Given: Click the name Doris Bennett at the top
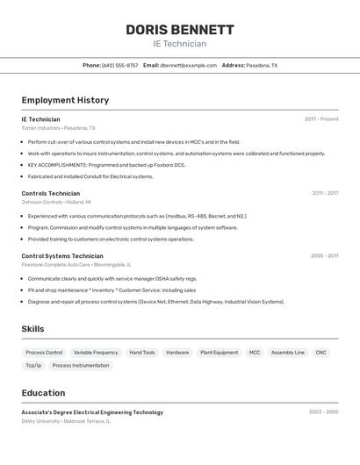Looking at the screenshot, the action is [180, 29].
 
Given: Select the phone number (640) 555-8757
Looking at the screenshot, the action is [119, 65].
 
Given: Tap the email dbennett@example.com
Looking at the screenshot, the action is [189, 65].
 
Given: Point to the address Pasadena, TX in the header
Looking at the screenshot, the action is [262, 65].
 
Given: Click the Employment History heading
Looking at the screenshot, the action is [65, 100].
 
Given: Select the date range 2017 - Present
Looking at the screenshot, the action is [321, 119].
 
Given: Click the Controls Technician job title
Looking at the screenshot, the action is [51, 193].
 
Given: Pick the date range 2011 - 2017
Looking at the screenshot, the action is [325, 193].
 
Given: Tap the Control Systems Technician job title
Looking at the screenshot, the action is [62, 256].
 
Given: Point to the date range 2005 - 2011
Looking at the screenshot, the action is [324, 256].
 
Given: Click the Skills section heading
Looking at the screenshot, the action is [33, 329].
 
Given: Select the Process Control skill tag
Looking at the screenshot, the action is [44, 353].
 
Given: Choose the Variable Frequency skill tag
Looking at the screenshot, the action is [96, 353].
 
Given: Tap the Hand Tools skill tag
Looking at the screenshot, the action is [142, 353].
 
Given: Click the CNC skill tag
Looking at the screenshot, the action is [321, 353].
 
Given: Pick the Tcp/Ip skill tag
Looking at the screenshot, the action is [33, 366].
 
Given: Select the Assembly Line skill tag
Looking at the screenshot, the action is [288, 353].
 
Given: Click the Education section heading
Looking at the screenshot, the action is [43, 393].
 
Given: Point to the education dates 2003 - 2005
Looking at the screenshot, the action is [323, 411].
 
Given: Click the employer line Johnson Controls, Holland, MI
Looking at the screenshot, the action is [56, 202].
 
